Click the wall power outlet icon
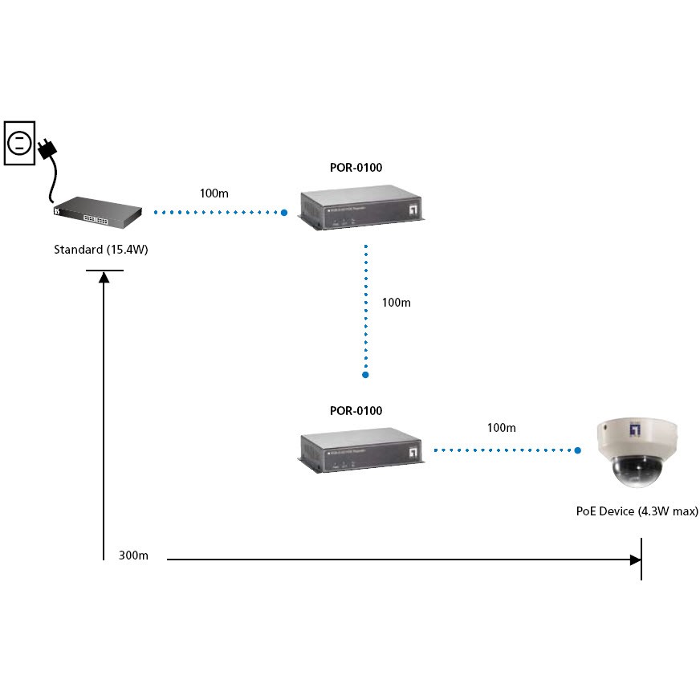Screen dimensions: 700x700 [19, 144]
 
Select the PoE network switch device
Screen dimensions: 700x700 [97, 210]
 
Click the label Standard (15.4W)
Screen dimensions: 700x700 [101, 250]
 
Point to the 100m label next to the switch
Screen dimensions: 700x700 [214, 193]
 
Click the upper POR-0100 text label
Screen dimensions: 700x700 [356, 168]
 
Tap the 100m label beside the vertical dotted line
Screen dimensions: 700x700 [396, 303]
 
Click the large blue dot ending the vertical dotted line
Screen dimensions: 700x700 [365, 375]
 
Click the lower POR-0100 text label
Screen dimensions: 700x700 [356, 410]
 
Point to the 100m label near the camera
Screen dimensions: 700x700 [502, 428]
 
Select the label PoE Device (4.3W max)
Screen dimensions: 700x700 [637, 511]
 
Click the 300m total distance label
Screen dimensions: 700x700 [133, 556]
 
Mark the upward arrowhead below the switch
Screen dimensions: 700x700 [104, 277]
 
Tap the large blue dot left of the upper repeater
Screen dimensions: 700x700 [284, 213]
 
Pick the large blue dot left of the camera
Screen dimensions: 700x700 [578, 450]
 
